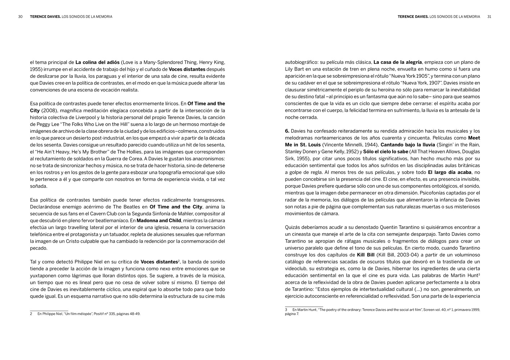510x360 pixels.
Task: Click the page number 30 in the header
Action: [x=21, y=17]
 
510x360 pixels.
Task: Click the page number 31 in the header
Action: [x=489, y=17]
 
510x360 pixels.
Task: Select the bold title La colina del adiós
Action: [x=97, y=62]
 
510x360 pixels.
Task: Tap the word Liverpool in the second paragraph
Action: [x=116, y=117]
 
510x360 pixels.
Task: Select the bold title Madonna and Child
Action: [x=159, y=220]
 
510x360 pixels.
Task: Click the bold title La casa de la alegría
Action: [x=398, y=62]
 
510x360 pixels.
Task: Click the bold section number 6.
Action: [x=287, y=131]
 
